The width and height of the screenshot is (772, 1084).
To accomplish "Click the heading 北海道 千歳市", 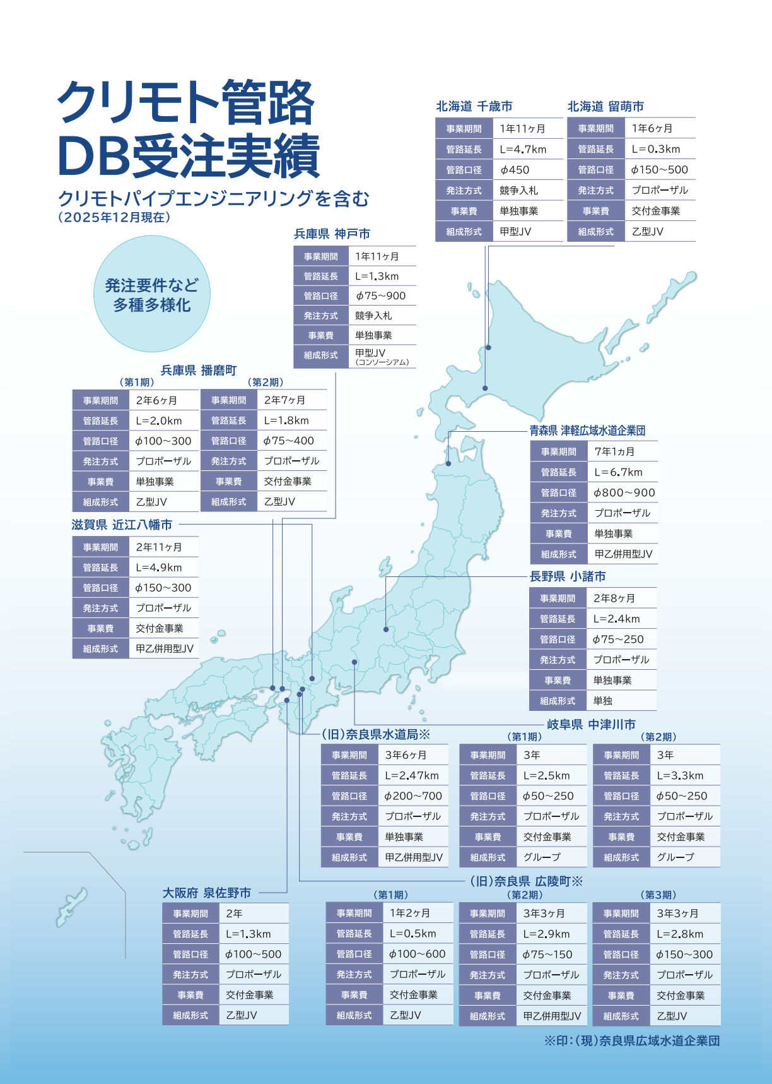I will tap(474, 107).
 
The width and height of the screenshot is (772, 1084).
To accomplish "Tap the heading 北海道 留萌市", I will tap(605, 107).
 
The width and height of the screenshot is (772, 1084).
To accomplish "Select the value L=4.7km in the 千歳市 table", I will tap(523, 150).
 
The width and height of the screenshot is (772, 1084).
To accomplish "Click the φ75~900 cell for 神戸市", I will tap(380, 296).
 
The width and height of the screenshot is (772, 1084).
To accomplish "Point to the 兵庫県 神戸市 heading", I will tap(332, 234).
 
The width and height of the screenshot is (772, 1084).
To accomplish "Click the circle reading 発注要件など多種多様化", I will tap(152, 295).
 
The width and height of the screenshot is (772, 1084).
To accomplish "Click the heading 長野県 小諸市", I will tap(568, 576).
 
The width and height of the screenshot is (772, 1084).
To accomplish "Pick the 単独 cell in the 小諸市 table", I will tap(603, 701).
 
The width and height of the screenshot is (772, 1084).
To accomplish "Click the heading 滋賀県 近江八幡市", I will tap(122, 525).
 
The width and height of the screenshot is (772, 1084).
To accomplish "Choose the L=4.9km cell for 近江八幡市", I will tap(159, 568).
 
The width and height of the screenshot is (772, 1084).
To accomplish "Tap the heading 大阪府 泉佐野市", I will tap(207, 893).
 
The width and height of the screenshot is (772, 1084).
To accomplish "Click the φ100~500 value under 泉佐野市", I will tap(254, 955).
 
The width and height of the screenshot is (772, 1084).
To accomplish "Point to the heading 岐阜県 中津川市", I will tap(591, 725).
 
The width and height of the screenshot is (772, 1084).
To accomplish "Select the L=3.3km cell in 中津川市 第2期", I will tap(680, 776).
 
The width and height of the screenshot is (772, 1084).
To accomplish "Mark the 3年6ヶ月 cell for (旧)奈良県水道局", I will tap(406, 755).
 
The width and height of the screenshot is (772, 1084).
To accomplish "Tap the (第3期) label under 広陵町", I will tap(658, 895).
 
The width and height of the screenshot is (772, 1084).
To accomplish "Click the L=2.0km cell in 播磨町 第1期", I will tap(159, 421).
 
